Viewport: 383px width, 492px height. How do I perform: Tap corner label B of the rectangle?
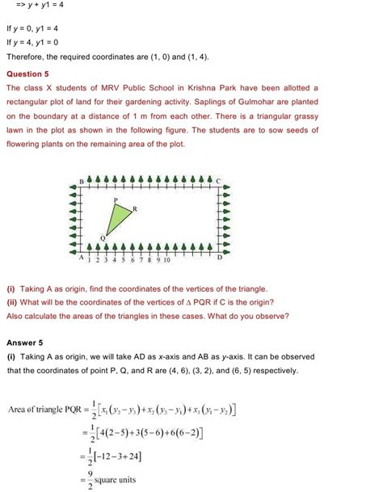pos(81,179)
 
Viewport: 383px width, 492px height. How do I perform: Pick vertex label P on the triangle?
pos(116,199)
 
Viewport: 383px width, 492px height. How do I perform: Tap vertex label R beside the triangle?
pos(134,208)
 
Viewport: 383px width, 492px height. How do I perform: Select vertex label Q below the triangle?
pos(103,237)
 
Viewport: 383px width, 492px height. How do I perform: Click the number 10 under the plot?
pos(165,260)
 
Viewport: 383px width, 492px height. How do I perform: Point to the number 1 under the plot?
pos(90,260)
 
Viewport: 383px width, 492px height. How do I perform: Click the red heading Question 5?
pos(28,73)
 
